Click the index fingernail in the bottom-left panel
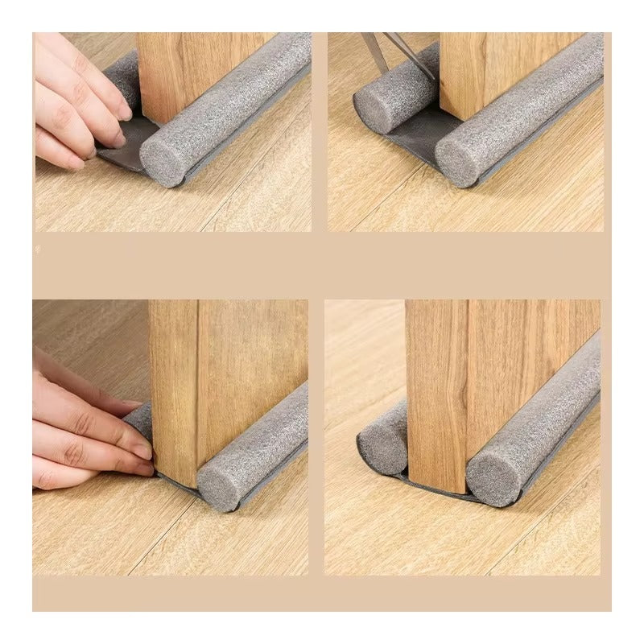point(142,452)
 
